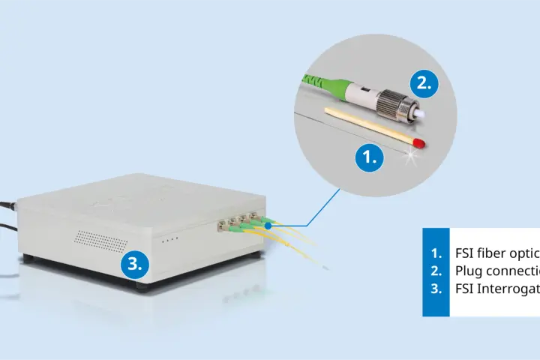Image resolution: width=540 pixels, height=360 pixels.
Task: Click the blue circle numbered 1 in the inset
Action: (x=369, y=157)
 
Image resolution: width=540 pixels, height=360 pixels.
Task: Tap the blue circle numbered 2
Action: (x=424, y=84)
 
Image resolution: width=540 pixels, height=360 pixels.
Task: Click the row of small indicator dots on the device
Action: (x=171, y=239)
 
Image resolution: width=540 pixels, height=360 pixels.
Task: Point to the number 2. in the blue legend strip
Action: (x=436, y=271)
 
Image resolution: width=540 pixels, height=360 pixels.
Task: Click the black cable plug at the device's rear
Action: (x=7, y=203)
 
